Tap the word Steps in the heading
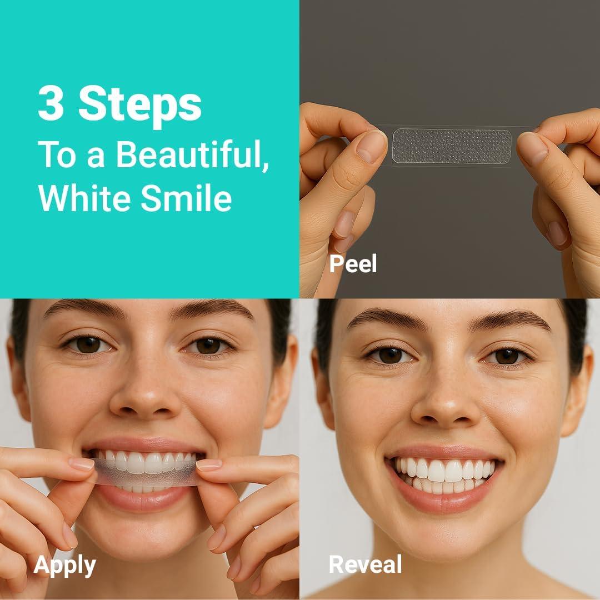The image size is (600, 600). (139, 106)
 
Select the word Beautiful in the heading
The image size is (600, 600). (192, 155)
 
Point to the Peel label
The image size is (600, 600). (353, 264)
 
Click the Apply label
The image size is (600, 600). (64, 565)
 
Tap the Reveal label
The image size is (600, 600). (365, 564)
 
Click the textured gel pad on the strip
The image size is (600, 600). (451, 147)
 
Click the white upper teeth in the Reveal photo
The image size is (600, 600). (444, 469)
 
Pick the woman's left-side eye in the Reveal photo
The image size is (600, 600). (391, 356)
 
